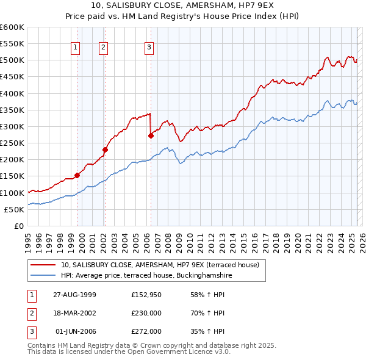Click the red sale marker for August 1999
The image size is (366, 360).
[x=77, y=175]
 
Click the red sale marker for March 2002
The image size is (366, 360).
[x=105, y=149]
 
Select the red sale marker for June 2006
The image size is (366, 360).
[x=151, y=136]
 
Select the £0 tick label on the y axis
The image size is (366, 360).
[x=18, y=226]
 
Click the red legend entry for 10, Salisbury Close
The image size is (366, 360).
[x=160, y=265]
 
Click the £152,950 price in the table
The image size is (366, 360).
[x=146, y=295]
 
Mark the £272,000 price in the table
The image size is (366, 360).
[x=146, y=331]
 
